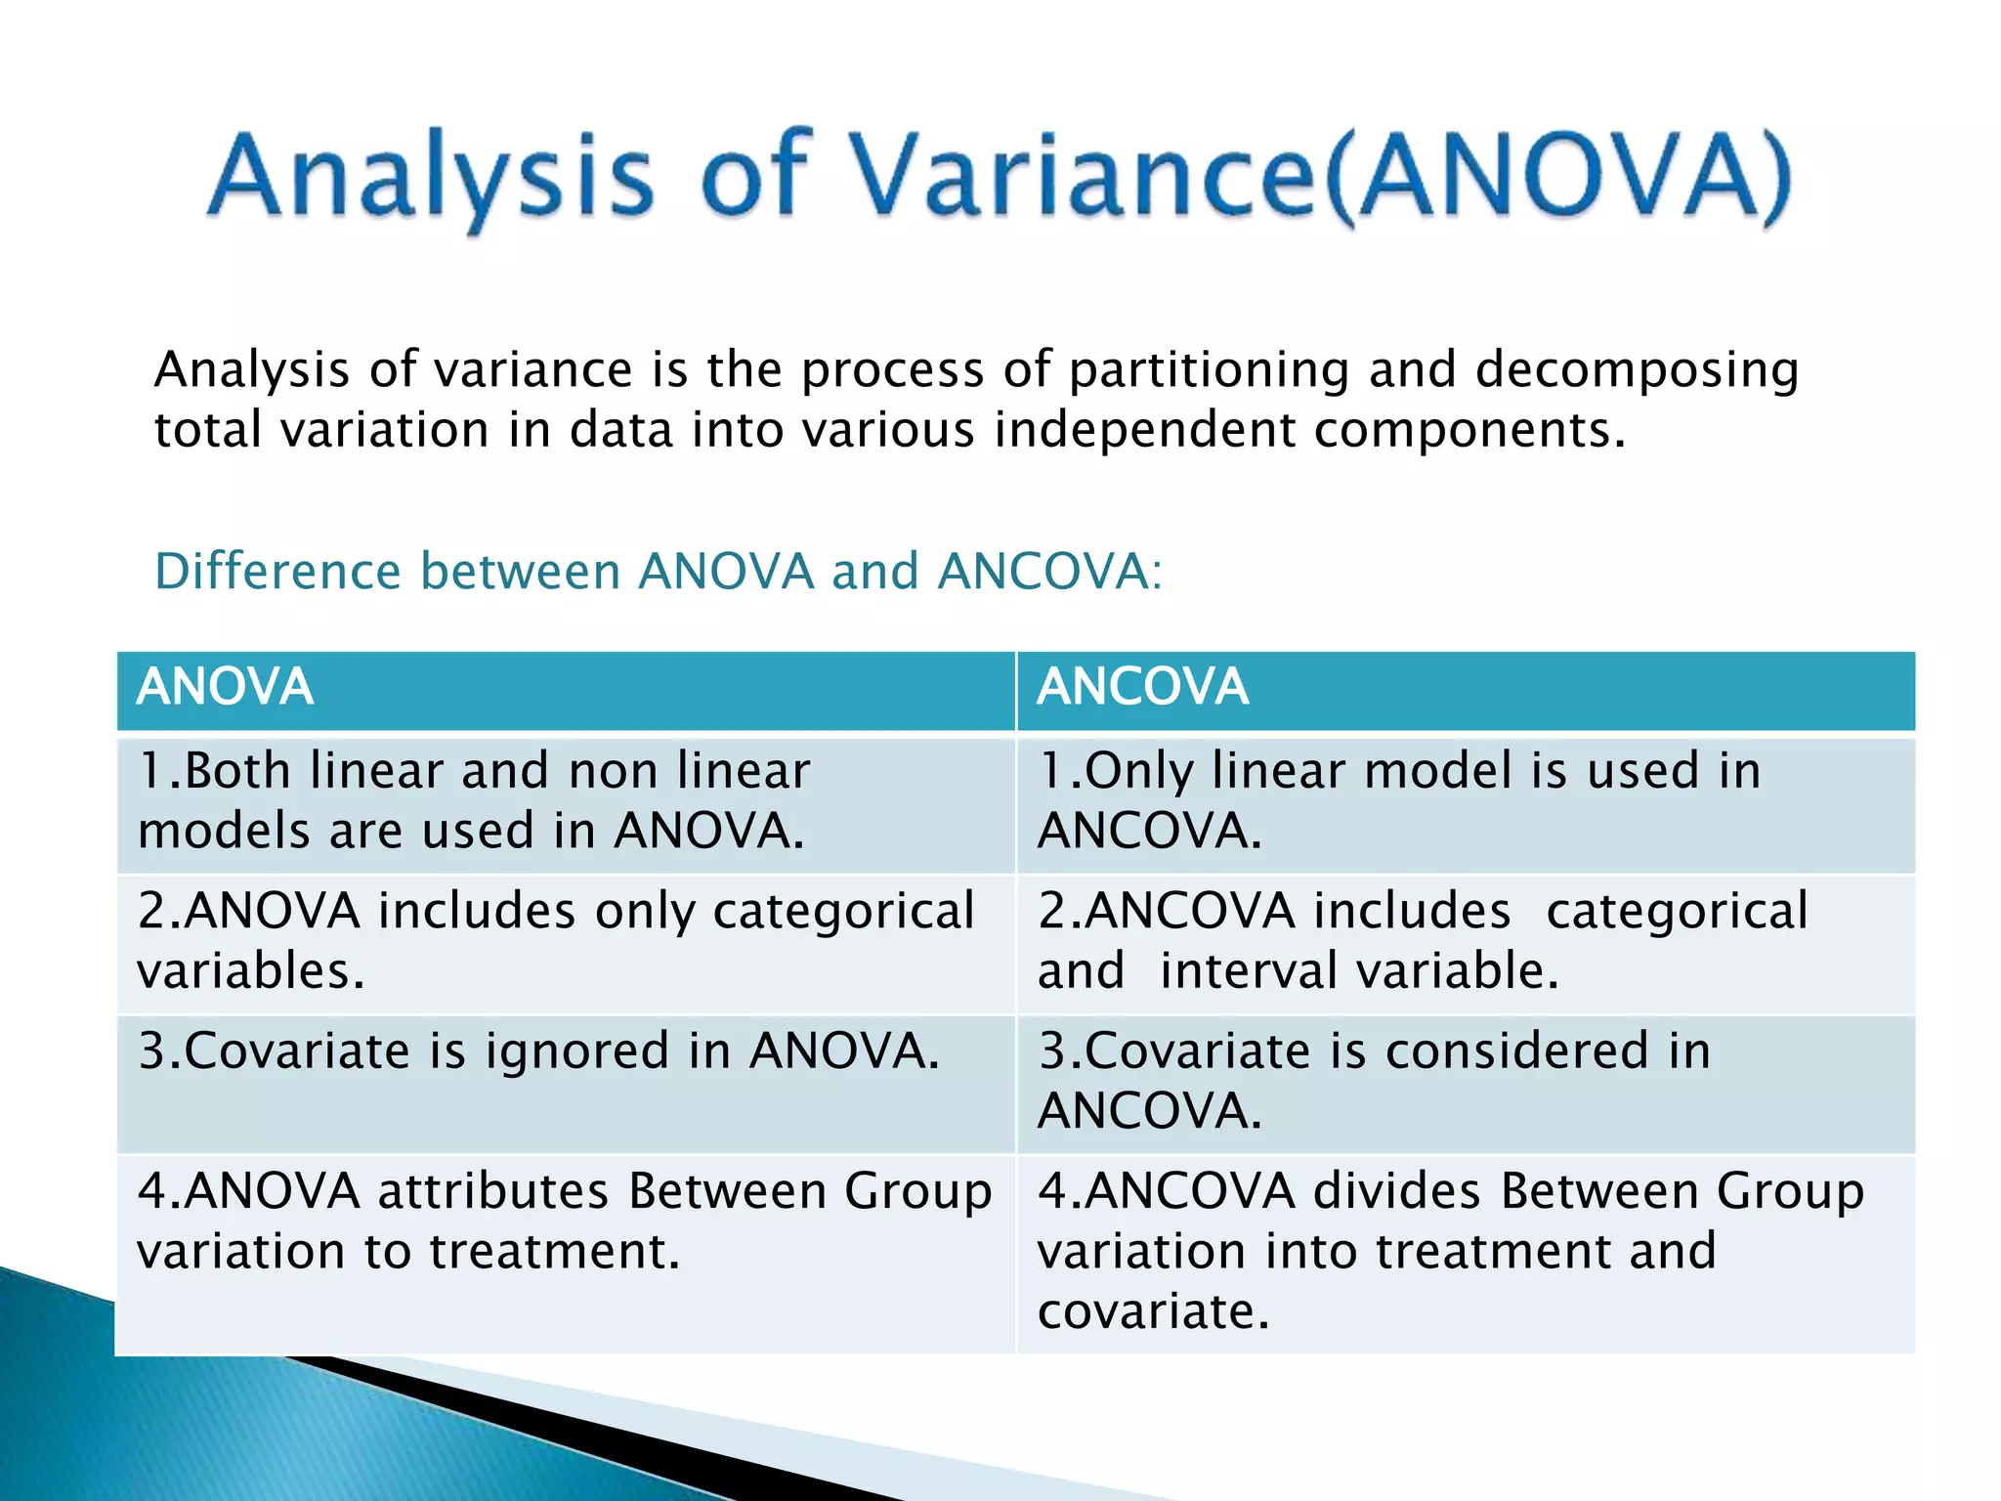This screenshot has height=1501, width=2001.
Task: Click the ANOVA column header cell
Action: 565,689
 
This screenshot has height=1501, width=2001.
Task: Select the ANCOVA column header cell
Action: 1465,689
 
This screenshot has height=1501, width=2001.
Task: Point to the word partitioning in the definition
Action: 1209,370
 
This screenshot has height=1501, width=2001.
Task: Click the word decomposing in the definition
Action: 1636,370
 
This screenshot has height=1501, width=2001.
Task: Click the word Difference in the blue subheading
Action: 277,572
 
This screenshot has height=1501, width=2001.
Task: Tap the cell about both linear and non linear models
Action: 565,803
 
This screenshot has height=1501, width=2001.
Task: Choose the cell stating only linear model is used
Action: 1465,803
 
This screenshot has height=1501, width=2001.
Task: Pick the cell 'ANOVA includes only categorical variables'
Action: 565,942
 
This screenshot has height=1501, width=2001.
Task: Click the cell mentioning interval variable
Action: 1465,942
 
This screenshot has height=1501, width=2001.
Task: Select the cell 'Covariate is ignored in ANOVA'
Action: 565,1083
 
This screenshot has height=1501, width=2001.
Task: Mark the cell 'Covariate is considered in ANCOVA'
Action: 1465,1083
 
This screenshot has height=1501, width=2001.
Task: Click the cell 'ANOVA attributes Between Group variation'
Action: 565,1253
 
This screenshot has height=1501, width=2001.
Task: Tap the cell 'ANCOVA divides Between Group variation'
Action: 1465,1253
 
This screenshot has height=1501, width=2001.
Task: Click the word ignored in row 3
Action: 576,1053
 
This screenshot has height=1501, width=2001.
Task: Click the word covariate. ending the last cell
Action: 1153,1311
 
